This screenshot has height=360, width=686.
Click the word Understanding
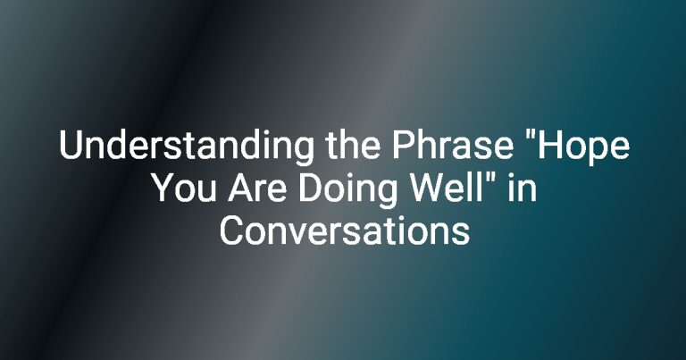point(187,147)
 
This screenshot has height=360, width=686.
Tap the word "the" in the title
point(353,145)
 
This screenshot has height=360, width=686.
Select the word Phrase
point(452,145)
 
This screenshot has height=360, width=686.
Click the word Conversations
point(344,230)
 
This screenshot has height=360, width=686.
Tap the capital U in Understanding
point(70,145)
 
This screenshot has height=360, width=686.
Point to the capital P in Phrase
point(403,145)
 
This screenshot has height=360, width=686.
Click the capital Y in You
point(166,188)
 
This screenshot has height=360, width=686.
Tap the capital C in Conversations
point(231,231)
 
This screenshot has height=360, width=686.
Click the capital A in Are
point(240,188)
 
